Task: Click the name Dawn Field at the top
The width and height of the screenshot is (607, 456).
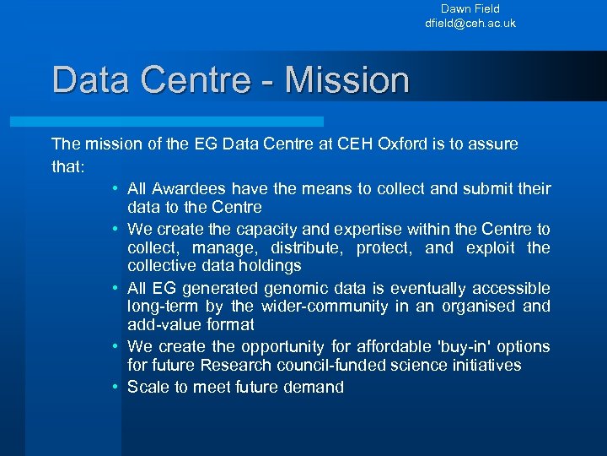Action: coord(470,8)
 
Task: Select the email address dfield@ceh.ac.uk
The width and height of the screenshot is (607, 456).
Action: coord(470,24)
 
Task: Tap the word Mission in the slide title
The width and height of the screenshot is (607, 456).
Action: coord(347,80)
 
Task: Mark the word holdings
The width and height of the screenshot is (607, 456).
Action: coord(264,266)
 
